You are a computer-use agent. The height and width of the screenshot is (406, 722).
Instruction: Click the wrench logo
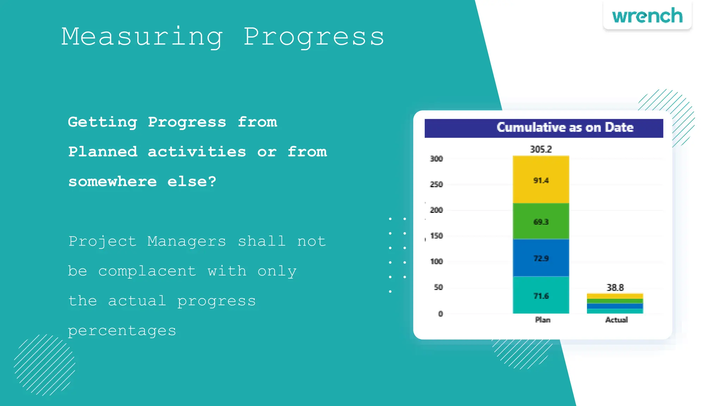647,16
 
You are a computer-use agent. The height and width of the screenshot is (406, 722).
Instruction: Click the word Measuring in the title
142,37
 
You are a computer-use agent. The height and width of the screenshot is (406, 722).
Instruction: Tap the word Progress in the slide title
313,37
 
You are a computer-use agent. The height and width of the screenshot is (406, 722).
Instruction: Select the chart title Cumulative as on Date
565,128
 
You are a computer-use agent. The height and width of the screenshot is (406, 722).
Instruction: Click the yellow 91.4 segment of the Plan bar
541,180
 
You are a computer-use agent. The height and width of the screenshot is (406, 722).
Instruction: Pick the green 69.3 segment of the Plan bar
541,222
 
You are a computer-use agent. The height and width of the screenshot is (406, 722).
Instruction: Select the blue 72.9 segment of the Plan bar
541,258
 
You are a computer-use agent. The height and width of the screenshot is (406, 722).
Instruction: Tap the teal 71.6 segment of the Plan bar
541,296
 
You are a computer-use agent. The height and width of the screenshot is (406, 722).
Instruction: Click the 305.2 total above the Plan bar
541,149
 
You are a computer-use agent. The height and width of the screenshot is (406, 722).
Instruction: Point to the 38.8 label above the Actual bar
615,288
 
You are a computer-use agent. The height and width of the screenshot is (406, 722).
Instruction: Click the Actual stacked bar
615,303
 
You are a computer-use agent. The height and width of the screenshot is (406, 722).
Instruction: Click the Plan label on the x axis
543,320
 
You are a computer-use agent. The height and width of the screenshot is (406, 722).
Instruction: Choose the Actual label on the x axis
616,320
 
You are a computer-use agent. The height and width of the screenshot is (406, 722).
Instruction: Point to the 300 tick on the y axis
436,159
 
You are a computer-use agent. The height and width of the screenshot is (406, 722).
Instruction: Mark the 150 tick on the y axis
436,236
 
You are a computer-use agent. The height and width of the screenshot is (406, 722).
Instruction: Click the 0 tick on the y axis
440,314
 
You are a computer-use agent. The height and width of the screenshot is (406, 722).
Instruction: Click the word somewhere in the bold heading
112,182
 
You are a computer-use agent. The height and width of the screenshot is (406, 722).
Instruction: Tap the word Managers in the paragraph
186,241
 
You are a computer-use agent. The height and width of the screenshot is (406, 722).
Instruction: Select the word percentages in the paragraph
122,331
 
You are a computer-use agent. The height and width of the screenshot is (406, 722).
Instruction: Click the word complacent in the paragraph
147,271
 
